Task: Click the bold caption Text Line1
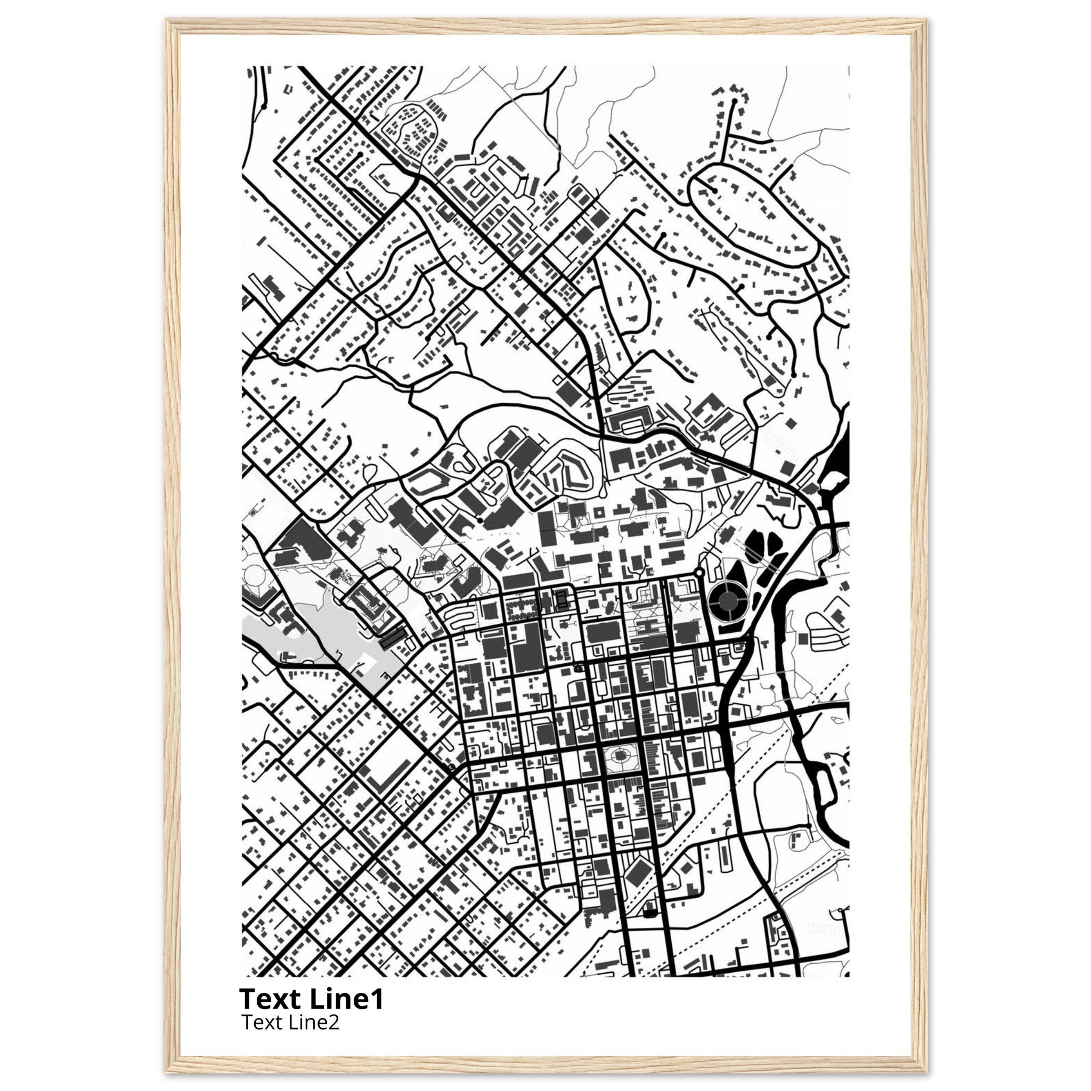coord(311,999)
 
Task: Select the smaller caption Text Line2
coord(290,1022)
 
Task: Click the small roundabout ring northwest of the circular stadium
coord(699,573)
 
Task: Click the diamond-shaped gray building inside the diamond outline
coord(637,875)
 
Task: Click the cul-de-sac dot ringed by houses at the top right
coord(734,101)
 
